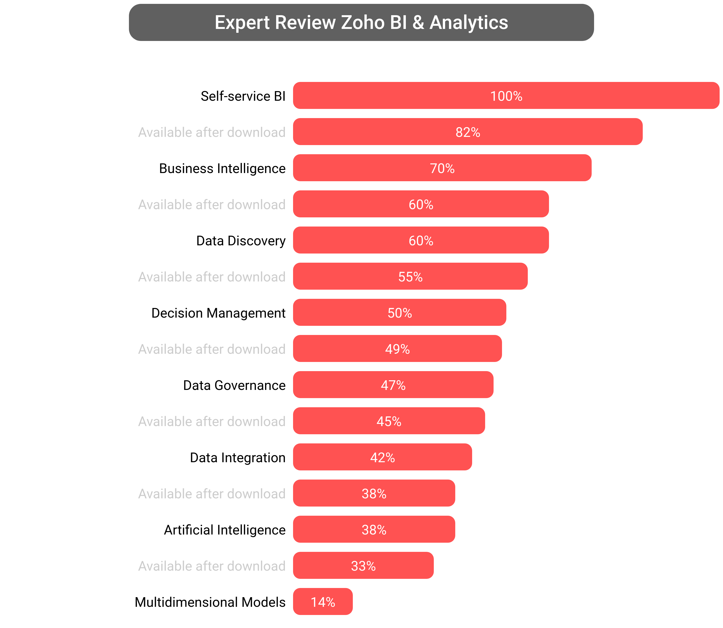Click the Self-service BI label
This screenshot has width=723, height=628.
pyautogui.click(x=243, y=96)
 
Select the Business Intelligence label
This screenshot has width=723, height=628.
pyautogui.click(x=222, y=168)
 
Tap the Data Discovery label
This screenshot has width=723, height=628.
pyautogui.click(x=241, y=241)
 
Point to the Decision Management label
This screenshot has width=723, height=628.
pyautogui.click(x=218, y=313)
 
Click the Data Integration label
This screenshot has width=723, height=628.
pyautogui.click(x=238, y=457)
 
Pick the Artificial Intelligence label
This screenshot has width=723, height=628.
pyautogui.click(x=225, y=530)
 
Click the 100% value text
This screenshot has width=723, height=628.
pyautogui.click(x=506, y=96)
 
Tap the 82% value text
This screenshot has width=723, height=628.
pyautogui.click(x=468, y=132)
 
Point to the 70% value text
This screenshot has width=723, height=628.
pyautogui.click(x=442, y=168)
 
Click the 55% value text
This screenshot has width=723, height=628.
pyautogui.click(x=410, y=277)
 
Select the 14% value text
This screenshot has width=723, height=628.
pyautogui.click(x=323, y=602)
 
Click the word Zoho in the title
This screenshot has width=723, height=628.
pyautogui.click(x=363, y=22)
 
